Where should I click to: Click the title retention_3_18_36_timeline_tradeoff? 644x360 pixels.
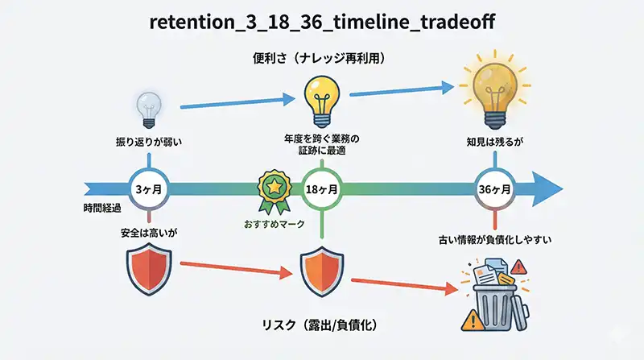[321, 22]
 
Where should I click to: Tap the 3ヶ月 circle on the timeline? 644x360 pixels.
[150, 190]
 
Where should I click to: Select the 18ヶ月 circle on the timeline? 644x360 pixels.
[321, 190]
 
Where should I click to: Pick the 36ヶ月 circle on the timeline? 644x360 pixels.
[494, 190]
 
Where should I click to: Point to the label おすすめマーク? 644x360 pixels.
[274, 224]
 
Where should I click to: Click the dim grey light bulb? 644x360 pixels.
[149, 110]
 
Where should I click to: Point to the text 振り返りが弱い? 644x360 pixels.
[149, 143]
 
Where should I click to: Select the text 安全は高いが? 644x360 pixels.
[149, 232]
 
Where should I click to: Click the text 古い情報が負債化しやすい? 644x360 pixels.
[494, 239]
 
